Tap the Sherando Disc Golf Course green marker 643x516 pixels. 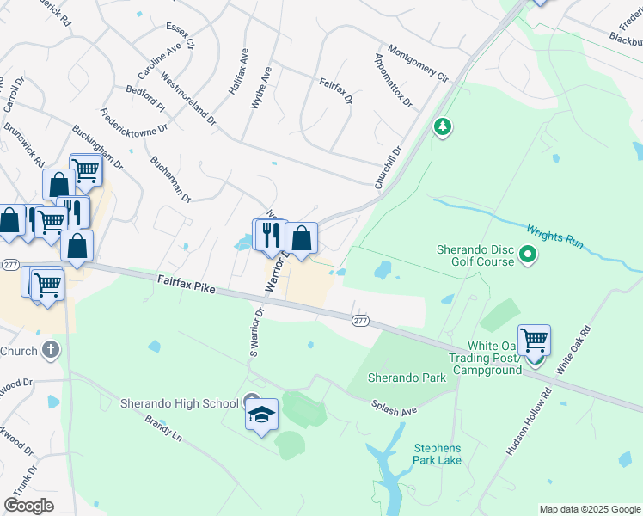[529, 255]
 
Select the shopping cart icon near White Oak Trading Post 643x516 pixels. [534, 340]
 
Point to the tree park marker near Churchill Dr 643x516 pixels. [443, 128]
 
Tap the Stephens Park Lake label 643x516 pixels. [438, 454]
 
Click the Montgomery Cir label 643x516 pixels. [419, 64]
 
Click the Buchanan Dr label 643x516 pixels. [170, 179]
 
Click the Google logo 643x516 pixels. [28, 506]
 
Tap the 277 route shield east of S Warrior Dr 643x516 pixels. [360, 320]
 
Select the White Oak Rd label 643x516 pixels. [574, 349]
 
